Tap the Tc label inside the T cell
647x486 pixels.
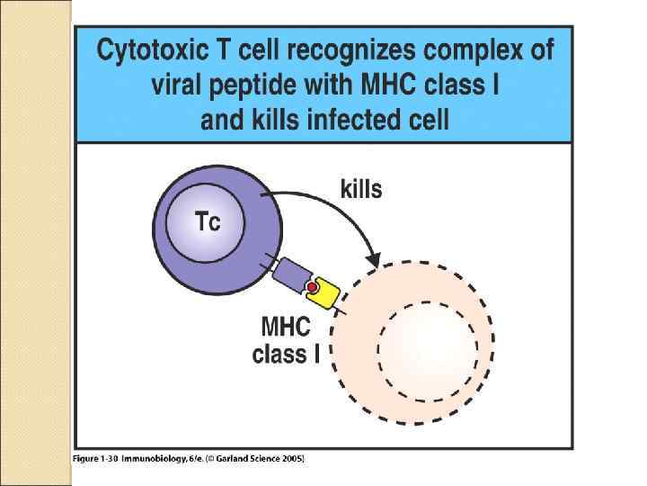[207, 221]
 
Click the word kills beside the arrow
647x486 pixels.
[361, 190]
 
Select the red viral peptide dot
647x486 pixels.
[312, 288]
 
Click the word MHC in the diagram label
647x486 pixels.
[286, 325]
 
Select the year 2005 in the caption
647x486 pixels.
[292, 459]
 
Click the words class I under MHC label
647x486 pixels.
[286, 355]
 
